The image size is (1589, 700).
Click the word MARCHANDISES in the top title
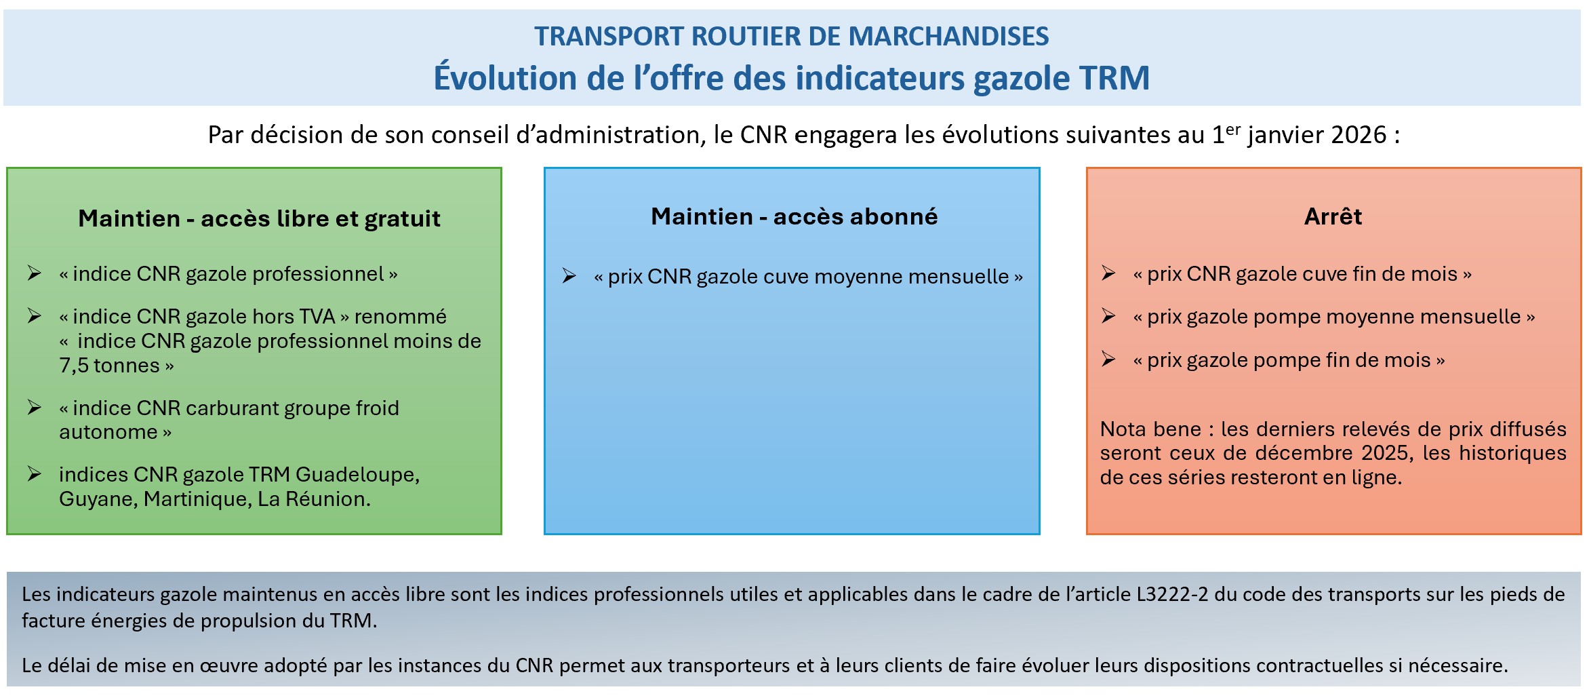pos(948,36)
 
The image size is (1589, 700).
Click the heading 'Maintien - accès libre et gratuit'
pos(259,218)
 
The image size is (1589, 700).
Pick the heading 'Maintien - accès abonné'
pos(794,216)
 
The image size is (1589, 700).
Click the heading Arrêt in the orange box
pos(1333,216)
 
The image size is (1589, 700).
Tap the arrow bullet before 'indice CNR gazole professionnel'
pos(35,273)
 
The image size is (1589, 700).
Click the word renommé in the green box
pos(400,316)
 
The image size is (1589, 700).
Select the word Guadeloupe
pos(357,475)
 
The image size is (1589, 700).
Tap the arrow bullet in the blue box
pos(569,276)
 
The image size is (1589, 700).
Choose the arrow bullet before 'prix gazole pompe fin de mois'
pos(1108,359)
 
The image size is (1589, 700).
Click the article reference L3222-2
pos(1172,595)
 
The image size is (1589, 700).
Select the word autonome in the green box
pos(108,432)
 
